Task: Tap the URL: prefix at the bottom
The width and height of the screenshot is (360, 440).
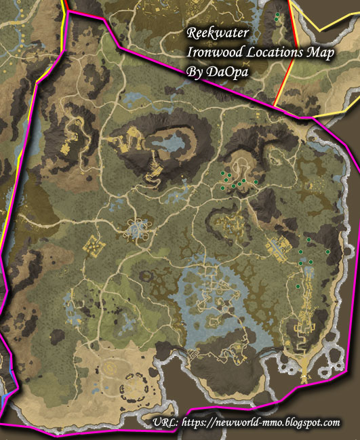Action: (x=165, y=423)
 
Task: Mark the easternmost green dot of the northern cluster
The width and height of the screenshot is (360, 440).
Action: (x=256, y=182)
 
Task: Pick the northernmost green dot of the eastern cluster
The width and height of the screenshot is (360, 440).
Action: (x=308, y=240)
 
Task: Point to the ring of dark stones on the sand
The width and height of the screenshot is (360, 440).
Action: (x=129, y=376)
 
